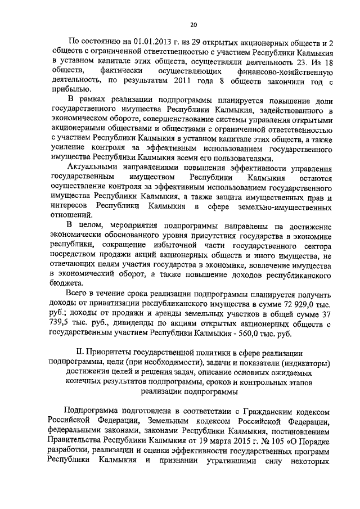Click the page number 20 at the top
(193, 24)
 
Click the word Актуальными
(93, 169)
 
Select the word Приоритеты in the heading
(111, 353)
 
